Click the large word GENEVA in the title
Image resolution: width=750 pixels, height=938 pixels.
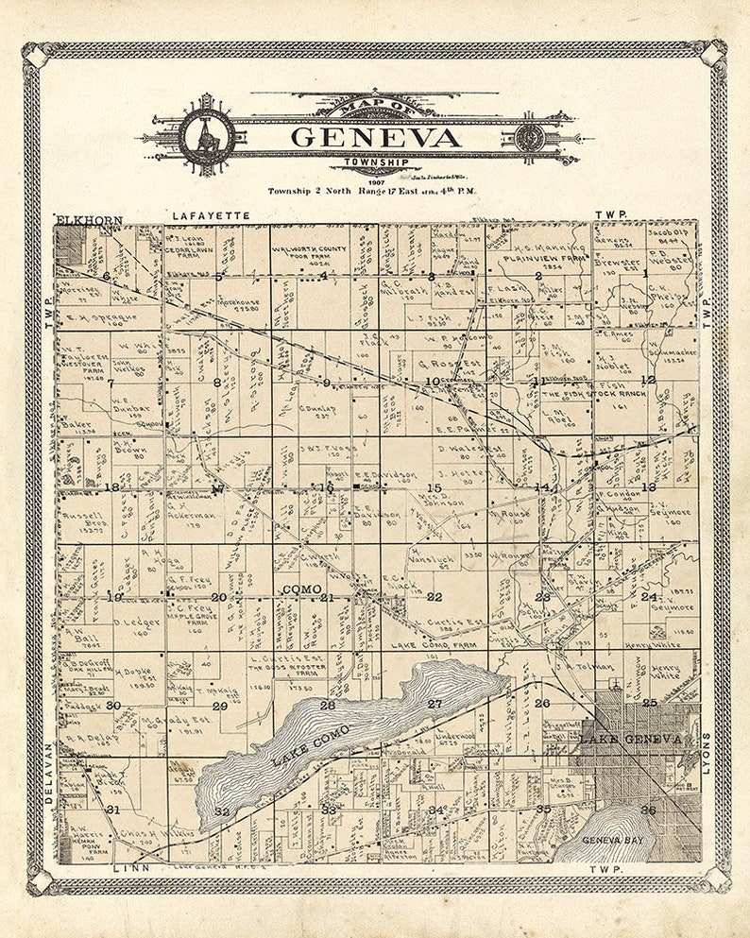pyautogui.click(x=375, y=138)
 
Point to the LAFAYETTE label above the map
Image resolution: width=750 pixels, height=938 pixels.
pyautogui.click(x=211, y=216)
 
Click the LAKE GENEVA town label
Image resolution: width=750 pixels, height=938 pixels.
pyautogui.click(x=630, y=739)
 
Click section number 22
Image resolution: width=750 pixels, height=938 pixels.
pyautogui.click(x=434, y=597)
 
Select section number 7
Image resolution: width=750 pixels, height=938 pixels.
pyautogui.click(x=111, y=384)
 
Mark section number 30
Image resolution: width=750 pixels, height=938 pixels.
pyautogui.click(x=113, y=706)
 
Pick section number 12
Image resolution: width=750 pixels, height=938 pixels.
pyautogui.click(x=647, y=380)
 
